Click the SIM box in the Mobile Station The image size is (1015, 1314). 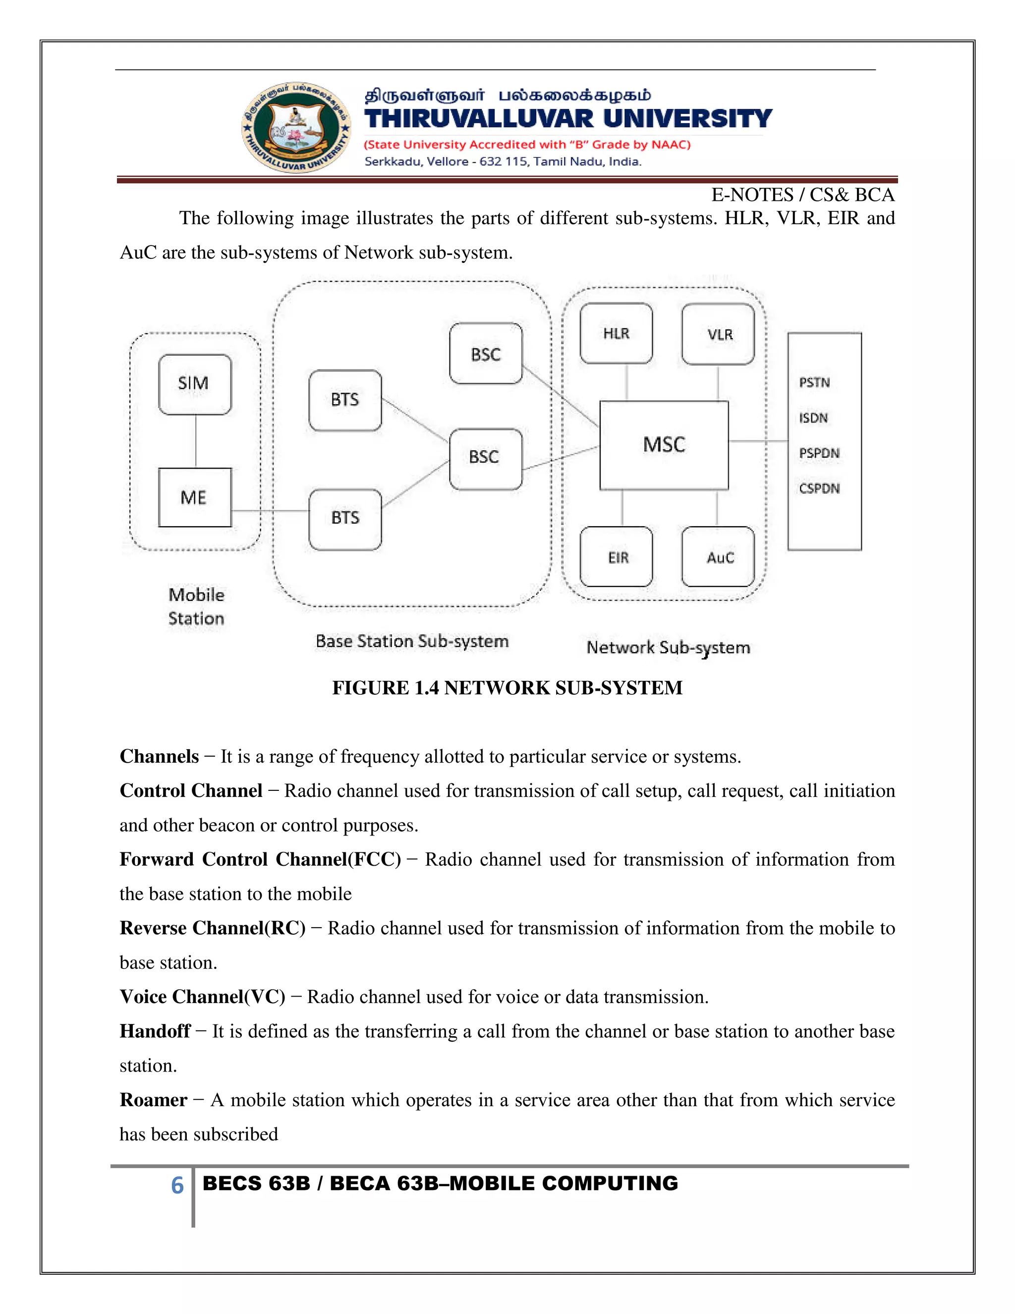(x=195, y=384)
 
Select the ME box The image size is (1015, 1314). (x=195, y=497)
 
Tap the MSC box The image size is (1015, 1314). (x=664, y=445)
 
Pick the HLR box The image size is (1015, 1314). (x=617, y=333)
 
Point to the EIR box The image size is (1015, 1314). (x=617, y=557)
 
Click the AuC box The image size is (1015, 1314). (x=718, y=557)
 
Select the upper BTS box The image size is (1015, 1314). (x=345, y=400)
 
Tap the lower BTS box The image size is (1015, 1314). (x=345, y=519)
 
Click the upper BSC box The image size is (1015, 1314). (x=486, y=354)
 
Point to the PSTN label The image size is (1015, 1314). (x=814, y=383)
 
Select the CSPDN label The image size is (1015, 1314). (x=819, y=488)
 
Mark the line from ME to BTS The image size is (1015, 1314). (x=270, y=511)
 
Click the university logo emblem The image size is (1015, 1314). (x=296, y=127)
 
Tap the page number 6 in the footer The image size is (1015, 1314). (x=177, y=1185)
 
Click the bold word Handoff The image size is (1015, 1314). (x=155, y=1031)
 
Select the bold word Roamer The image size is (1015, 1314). (x=153, y=1100)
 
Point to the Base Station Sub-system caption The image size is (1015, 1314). (x=412, y=641)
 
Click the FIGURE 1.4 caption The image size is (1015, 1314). (x=507, y=688)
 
